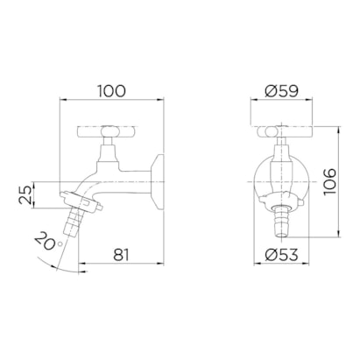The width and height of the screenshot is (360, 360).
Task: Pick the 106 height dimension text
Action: tap(331, 182)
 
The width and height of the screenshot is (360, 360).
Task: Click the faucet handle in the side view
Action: tap(109, 132)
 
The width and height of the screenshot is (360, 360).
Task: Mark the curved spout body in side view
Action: tap(101, 180)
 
